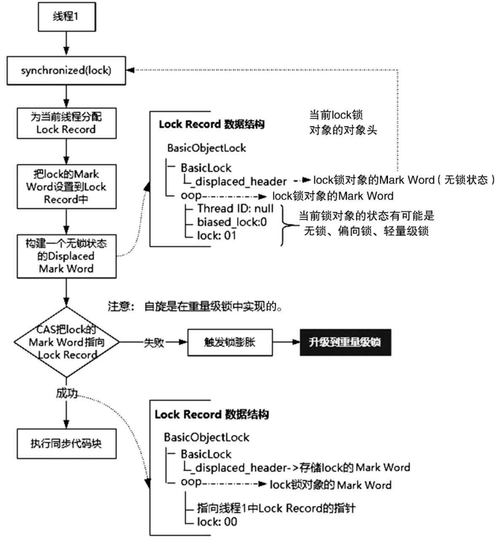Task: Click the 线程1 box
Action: point(67,17)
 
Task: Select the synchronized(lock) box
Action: point(66,71)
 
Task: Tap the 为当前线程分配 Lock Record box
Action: point(67,123)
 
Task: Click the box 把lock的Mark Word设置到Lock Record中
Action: point(67,187)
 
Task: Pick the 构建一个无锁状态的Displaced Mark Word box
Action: point(67,256)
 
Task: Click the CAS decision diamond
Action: point(67,342)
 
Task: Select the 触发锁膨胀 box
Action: point(230,343)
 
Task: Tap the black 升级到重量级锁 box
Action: point(345,342)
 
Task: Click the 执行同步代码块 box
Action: point(67,443)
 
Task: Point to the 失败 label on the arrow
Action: point(154,343)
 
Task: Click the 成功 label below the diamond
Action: point(67,394)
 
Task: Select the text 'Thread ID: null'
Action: point(235,208)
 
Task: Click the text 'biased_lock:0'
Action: point(232,222)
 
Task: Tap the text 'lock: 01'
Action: point(217,236)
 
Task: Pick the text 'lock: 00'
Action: point(217,522)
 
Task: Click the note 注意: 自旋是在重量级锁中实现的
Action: point(195,306)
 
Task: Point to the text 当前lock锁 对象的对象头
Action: point(343,123)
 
